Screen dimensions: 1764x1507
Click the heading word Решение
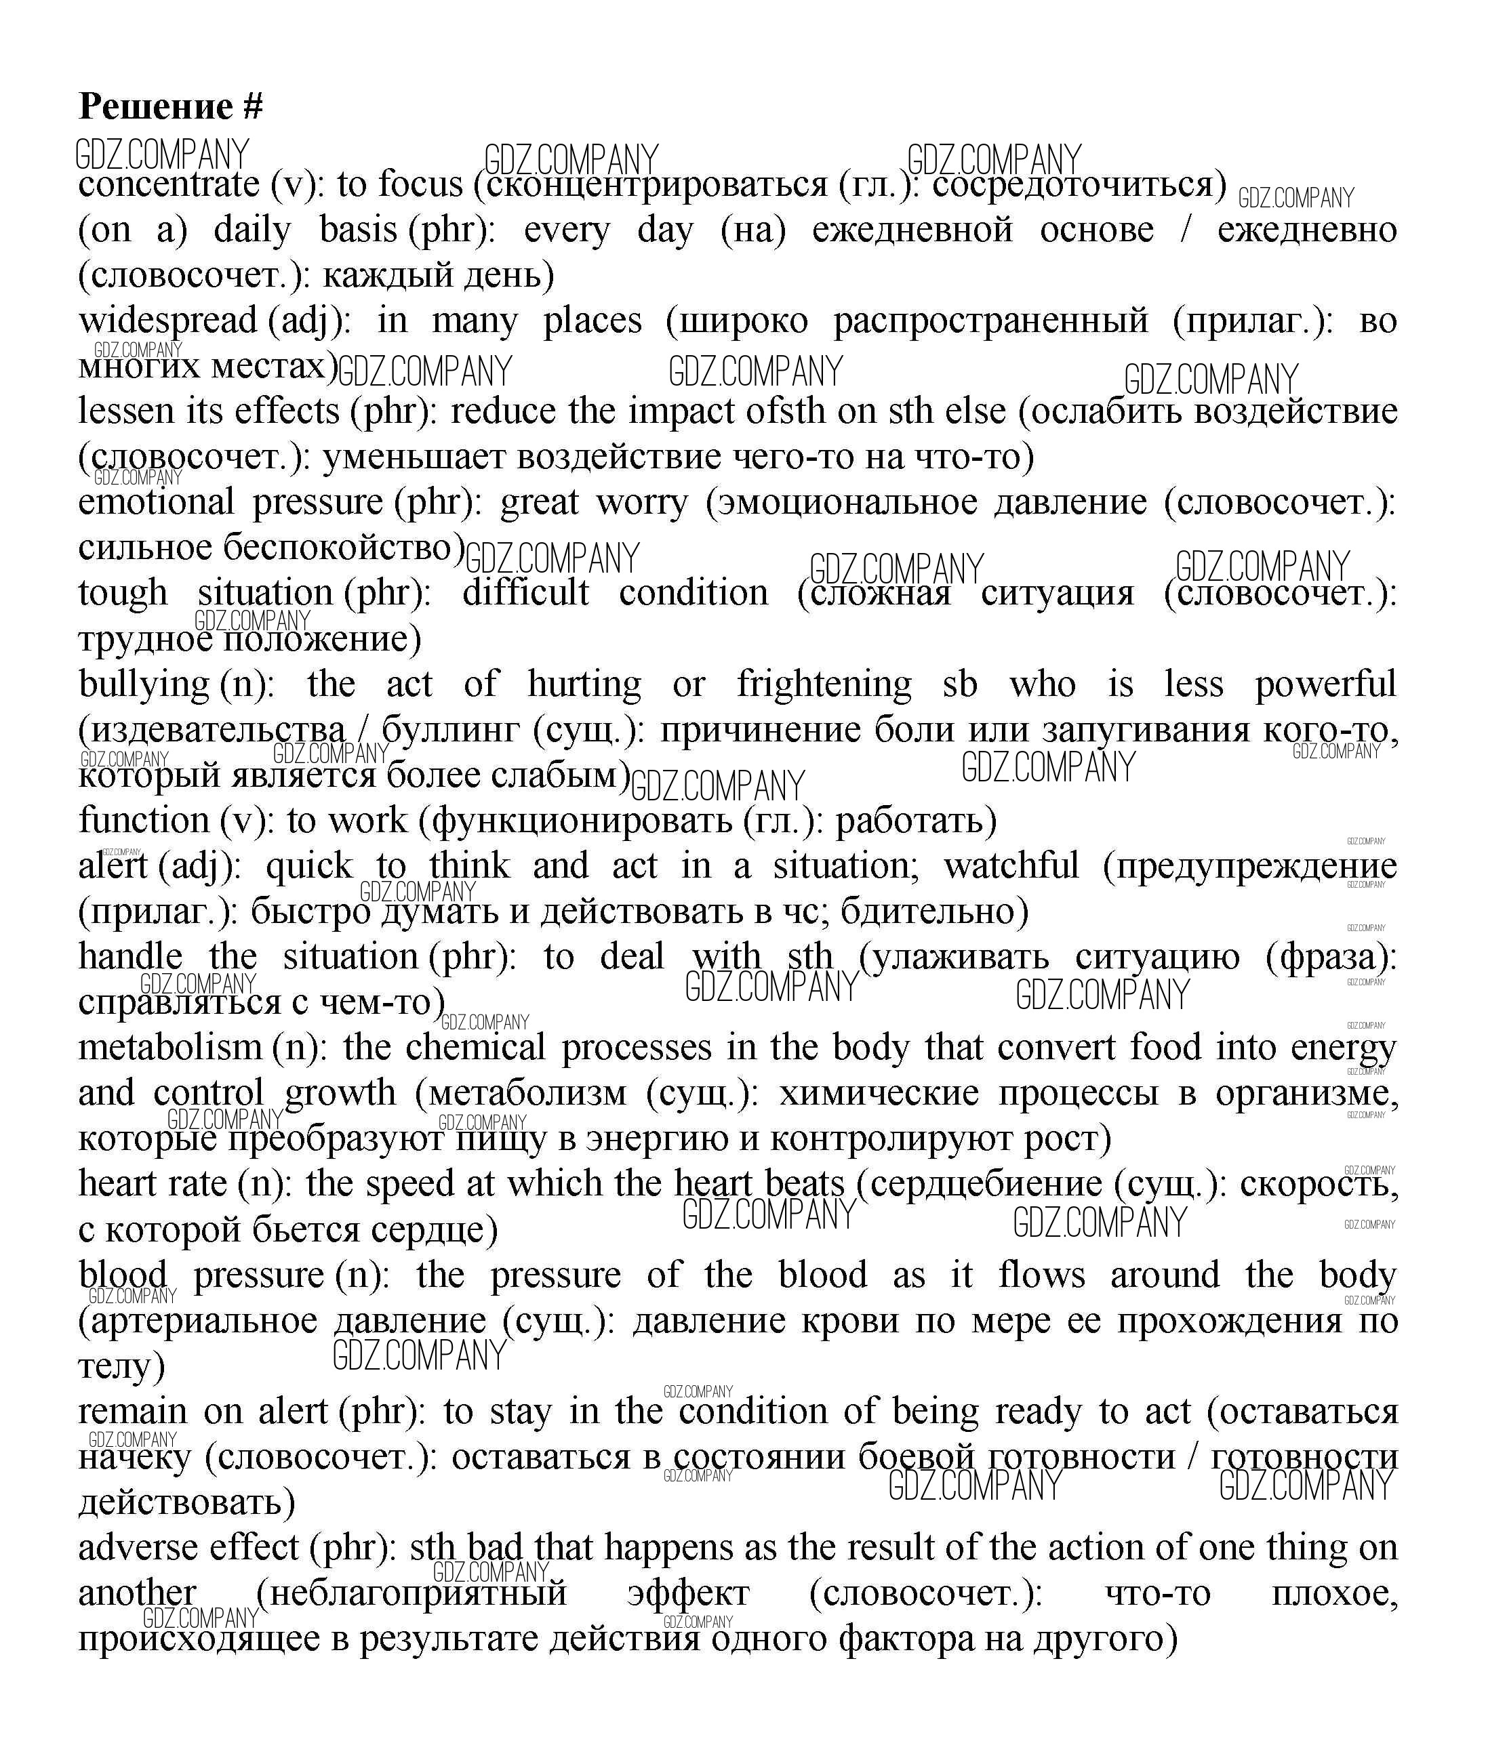pyautogui.click(x=155, y=106)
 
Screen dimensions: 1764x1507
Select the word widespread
pyautogui.click(x=167, y=321)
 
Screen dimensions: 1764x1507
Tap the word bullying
pyautogui.click(x=143, y=684)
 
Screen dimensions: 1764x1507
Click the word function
pyautogui.click(x=144, y=821)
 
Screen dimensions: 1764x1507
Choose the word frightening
pyautogui.click(x=823, y=684)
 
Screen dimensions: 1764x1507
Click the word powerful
pyautogui.click(x=1325, y=684)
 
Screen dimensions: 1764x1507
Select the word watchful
pyautogui.click(x=1011, y=866)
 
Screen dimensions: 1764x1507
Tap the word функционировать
pyautogui.click(x=583, y=821)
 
